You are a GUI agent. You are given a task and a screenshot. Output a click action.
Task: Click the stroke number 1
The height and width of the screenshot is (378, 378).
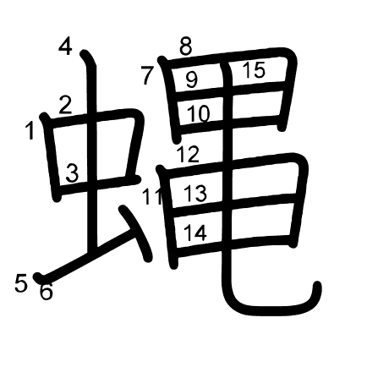[30, 130]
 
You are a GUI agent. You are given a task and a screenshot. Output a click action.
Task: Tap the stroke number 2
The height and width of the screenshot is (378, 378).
[65, 105]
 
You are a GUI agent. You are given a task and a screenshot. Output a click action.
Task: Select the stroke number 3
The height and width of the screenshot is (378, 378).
[72, 173]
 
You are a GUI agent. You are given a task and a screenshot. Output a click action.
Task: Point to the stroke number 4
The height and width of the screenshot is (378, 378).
[65, 47]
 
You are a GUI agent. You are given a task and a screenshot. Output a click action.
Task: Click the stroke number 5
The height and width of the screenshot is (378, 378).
[21, 283]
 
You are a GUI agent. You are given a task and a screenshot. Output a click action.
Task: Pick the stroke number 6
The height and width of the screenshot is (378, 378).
[47, 292]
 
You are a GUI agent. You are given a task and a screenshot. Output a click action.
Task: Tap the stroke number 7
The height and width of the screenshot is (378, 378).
[147, 75]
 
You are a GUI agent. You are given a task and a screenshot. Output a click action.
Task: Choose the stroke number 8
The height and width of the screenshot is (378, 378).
[186, 47]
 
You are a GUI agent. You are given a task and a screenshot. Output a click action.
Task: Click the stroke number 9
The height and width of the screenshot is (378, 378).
[192, 79]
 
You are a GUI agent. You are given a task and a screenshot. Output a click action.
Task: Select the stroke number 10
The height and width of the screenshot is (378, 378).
[198, 113]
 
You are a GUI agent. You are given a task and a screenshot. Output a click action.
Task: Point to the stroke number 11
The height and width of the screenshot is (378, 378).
[152, 195]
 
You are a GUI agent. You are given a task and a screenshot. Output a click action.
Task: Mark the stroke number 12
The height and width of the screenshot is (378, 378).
[188, 154]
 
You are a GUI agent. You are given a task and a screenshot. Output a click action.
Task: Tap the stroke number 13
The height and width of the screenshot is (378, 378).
[195, 193]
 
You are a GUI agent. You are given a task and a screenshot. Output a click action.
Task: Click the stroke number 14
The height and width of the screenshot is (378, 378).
[195, 233]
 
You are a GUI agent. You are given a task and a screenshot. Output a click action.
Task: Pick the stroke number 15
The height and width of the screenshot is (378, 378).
[254, 69]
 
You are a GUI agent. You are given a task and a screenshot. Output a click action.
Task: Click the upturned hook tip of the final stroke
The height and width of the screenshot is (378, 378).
[317, 285]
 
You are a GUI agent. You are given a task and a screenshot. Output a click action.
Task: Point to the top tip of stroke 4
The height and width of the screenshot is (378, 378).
[84, 53]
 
